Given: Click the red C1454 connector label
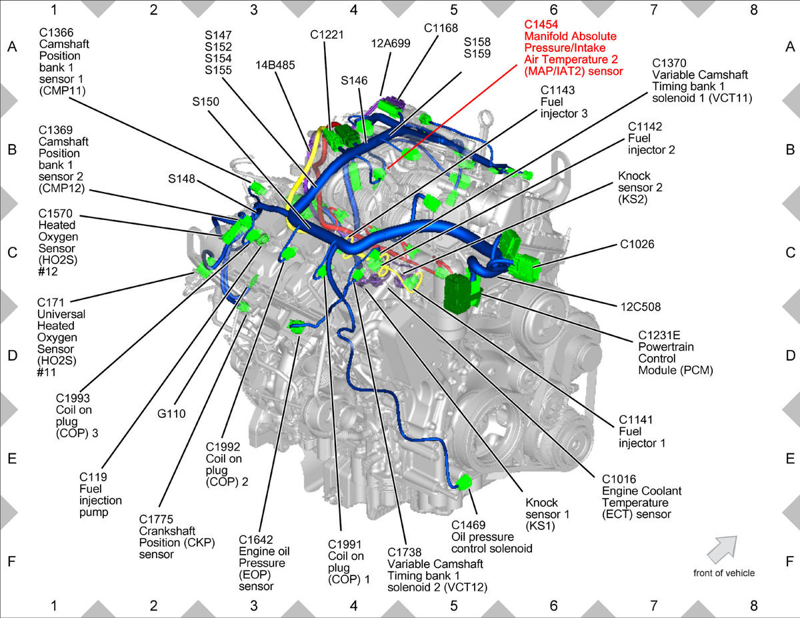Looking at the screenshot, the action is tap(541, 24).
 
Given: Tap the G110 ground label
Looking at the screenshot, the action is tap(171, 414).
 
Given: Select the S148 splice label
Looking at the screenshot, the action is tap(181, 179).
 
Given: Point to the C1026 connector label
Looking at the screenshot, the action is tap(637, 244).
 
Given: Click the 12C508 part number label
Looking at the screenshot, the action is tap(641, 307).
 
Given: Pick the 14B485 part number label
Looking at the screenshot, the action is tap(275, 65).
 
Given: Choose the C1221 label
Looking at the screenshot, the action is tap(327, 35).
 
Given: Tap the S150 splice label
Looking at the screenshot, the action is tap(205, 101).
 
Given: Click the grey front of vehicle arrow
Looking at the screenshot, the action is tap(722, 549).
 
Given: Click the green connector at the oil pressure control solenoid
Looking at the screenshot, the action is tap(464, 482).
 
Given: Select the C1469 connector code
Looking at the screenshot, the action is tap(468, 525).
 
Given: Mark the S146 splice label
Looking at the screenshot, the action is tap(354, 81).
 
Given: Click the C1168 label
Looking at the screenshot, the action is tap(441, 28).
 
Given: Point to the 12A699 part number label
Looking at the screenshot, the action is tap(390, 43).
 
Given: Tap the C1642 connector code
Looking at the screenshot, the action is tap(256, 539).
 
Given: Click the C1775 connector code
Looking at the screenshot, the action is tap(156, 519).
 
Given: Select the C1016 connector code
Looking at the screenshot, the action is tap(619, 479).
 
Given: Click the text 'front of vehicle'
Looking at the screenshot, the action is tap(724, 573).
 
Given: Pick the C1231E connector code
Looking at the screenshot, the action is tap(659, 335).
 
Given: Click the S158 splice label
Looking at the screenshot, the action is tap(477, 42).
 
